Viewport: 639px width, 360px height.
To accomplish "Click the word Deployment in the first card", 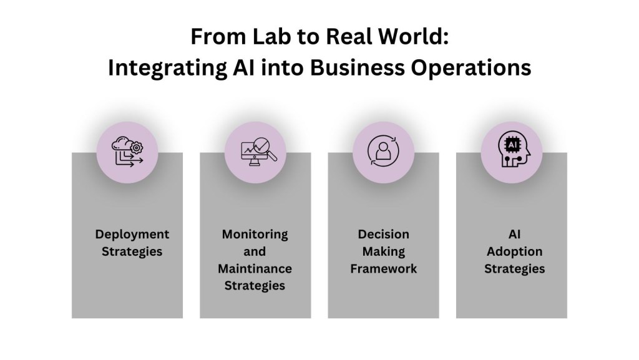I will (x=132, y=235).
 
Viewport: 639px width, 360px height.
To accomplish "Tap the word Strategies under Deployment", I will (x=132, y=252).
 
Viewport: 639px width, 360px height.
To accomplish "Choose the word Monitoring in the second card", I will (x=255, y=235).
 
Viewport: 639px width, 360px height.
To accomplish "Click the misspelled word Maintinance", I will (x=255, y=269).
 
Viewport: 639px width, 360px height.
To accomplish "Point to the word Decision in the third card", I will (x=383, y=235).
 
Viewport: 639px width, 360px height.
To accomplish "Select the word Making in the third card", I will (x=383, y=252).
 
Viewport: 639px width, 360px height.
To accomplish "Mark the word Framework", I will (x=383, y=269).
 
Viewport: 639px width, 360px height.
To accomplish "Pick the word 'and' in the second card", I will (x=255, y=252).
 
